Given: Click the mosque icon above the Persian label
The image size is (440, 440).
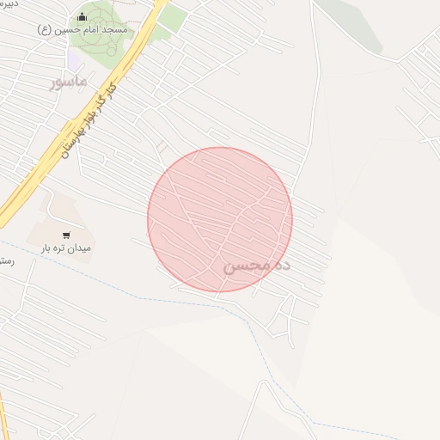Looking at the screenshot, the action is (82, 16).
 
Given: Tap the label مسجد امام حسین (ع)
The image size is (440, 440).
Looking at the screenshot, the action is (82, 30).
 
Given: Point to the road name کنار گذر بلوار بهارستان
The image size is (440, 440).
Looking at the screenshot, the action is (86, 120).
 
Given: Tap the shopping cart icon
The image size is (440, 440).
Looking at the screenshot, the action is (66, 234).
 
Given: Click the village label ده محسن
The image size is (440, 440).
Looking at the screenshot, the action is (257, 266).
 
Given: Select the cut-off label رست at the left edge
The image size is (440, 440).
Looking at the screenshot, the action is (7, 260).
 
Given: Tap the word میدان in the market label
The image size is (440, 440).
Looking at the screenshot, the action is (79, 247).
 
